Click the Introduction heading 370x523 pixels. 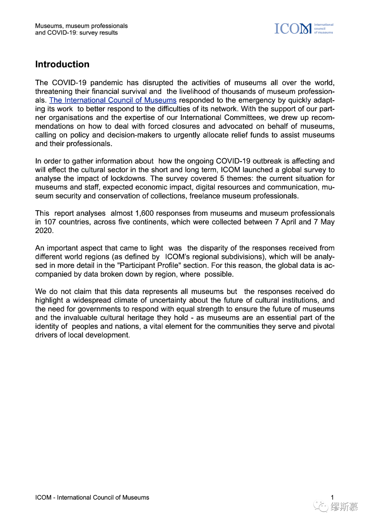coord(62,64)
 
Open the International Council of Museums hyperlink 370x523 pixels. coord(113,100)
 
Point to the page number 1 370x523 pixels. coord(332,497)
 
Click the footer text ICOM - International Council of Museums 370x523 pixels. coord(92,497)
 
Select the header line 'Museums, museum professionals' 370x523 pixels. coord(81,26)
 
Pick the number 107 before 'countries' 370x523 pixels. coord(50,222)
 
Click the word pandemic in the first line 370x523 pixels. coord(106,83)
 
